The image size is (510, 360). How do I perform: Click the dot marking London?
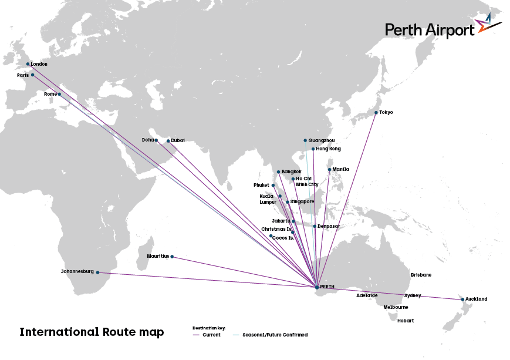28,64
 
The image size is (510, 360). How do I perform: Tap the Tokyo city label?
386,112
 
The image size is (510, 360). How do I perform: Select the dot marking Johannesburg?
97,272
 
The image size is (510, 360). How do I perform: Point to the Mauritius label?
158,256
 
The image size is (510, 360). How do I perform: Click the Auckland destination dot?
462,300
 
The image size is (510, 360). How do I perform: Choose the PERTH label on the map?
327,287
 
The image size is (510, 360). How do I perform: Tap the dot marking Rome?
59,94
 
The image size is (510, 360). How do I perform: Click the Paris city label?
23,75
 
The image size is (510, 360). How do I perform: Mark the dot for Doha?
156,140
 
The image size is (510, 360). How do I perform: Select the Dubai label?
178,140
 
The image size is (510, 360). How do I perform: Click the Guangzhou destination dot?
305,140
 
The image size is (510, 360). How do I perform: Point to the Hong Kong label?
328,149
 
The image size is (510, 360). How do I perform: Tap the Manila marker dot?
330,170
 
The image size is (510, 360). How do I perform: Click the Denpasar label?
329,226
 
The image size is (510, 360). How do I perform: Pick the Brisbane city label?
421,275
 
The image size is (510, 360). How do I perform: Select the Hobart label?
406,321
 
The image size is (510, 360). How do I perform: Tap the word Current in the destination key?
211,335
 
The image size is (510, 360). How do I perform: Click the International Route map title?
92,332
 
